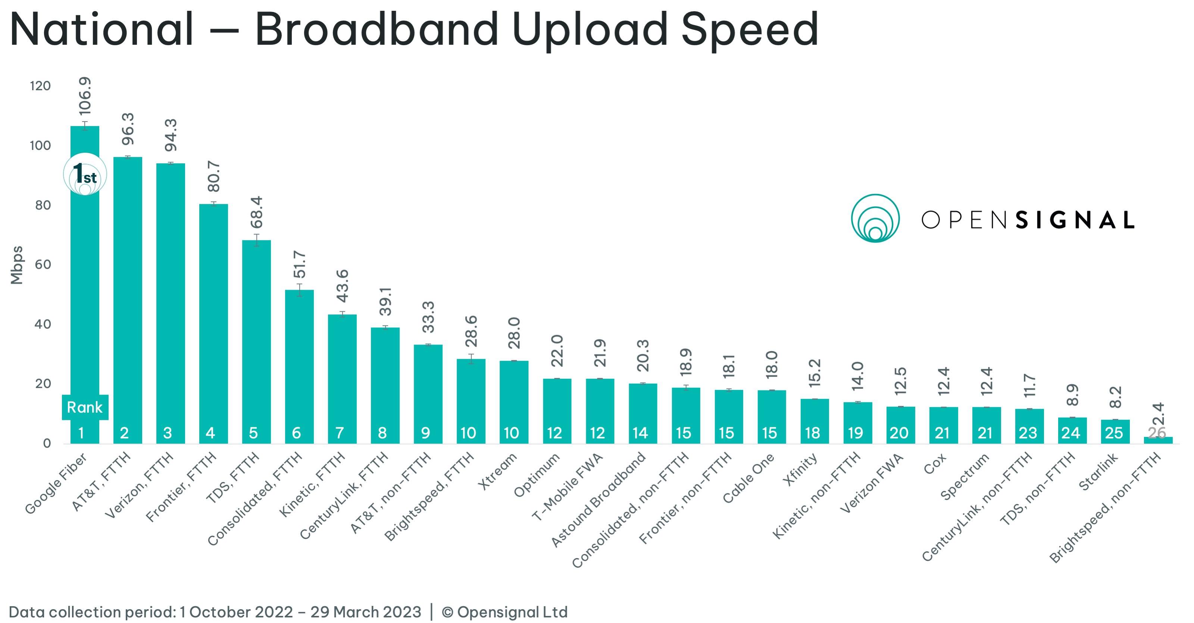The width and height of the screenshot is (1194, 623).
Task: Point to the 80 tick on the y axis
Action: pyautogui.click(x=43, y=205)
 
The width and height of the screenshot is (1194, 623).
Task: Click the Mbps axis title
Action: pyautogui.click(x=17, y=265)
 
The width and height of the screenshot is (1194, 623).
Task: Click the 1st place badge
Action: pyautogui.click(x=85, y=174)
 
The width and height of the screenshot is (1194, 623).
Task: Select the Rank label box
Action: pyautogui.click(x=85, y=407)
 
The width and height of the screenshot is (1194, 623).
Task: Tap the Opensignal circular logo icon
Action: pyautogui.click(x=875, y=218)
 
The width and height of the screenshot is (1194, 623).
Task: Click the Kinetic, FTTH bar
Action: pyautogui.click(x=342, y=371)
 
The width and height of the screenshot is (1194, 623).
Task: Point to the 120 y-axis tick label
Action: pyautogui.click(x=40, y=86)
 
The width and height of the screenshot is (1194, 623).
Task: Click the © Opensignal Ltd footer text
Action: pyautogui.click(x=504, y=612)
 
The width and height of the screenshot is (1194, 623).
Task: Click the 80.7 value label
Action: pyautogui.click(x=214, y=176)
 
